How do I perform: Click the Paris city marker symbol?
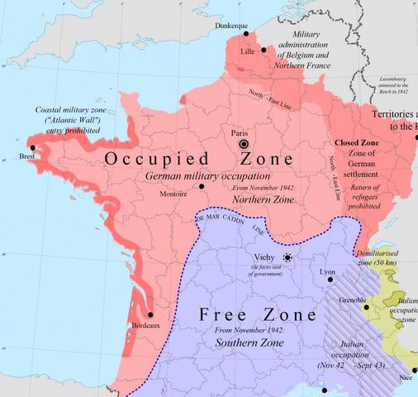[245, 144]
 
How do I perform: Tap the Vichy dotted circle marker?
[287, 257]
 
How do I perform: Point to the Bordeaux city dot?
[150, 314]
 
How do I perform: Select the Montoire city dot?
[201, 186]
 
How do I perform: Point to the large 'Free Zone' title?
[258, 315]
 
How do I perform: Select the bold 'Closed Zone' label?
[358, 143]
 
